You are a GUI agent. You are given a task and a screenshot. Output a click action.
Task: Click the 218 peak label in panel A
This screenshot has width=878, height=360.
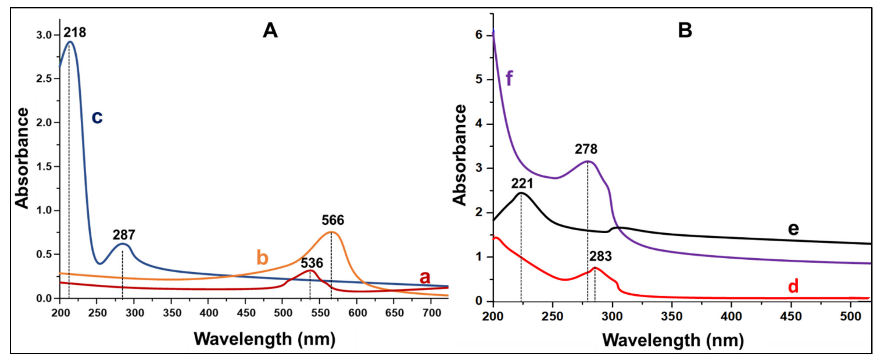click(x=75, y=33)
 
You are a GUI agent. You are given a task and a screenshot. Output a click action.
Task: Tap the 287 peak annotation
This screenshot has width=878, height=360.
click(x=124, y=235)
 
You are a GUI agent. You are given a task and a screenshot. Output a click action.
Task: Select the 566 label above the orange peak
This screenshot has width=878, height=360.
click(x=333, y=220)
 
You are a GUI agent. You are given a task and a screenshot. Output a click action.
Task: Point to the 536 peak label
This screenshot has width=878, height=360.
click(x=311, y=263)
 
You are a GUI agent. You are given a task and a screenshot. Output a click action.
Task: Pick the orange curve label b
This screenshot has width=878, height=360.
click(x=262, y=258)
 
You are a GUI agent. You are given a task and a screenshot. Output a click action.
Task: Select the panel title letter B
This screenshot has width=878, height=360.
click(x=685, y=30)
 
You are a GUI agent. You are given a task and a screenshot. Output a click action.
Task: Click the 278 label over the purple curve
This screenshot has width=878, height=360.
click(x=586, y=149)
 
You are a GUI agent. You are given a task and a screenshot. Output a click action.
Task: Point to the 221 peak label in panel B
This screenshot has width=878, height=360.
click(x=522, y=184)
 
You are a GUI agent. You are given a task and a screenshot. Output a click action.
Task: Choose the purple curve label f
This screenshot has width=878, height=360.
click(x=509, y=79)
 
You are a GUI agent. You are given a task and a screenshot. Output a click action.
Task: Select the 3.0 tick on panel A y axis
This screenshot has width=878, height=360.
click(x=44, y=35)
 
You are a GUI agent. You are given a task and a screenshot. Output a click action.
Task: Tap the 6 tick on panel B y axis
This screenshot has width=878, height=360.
click(x=479, y=35)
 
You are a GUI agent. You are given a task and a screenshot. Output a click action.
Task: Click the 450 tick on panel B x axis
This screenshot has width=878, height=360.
click(x=790, y=316)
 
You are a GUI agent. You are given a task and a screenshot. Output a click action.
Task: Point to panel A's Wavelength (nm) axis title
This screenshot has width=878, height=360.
click(x=265, y=339)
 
